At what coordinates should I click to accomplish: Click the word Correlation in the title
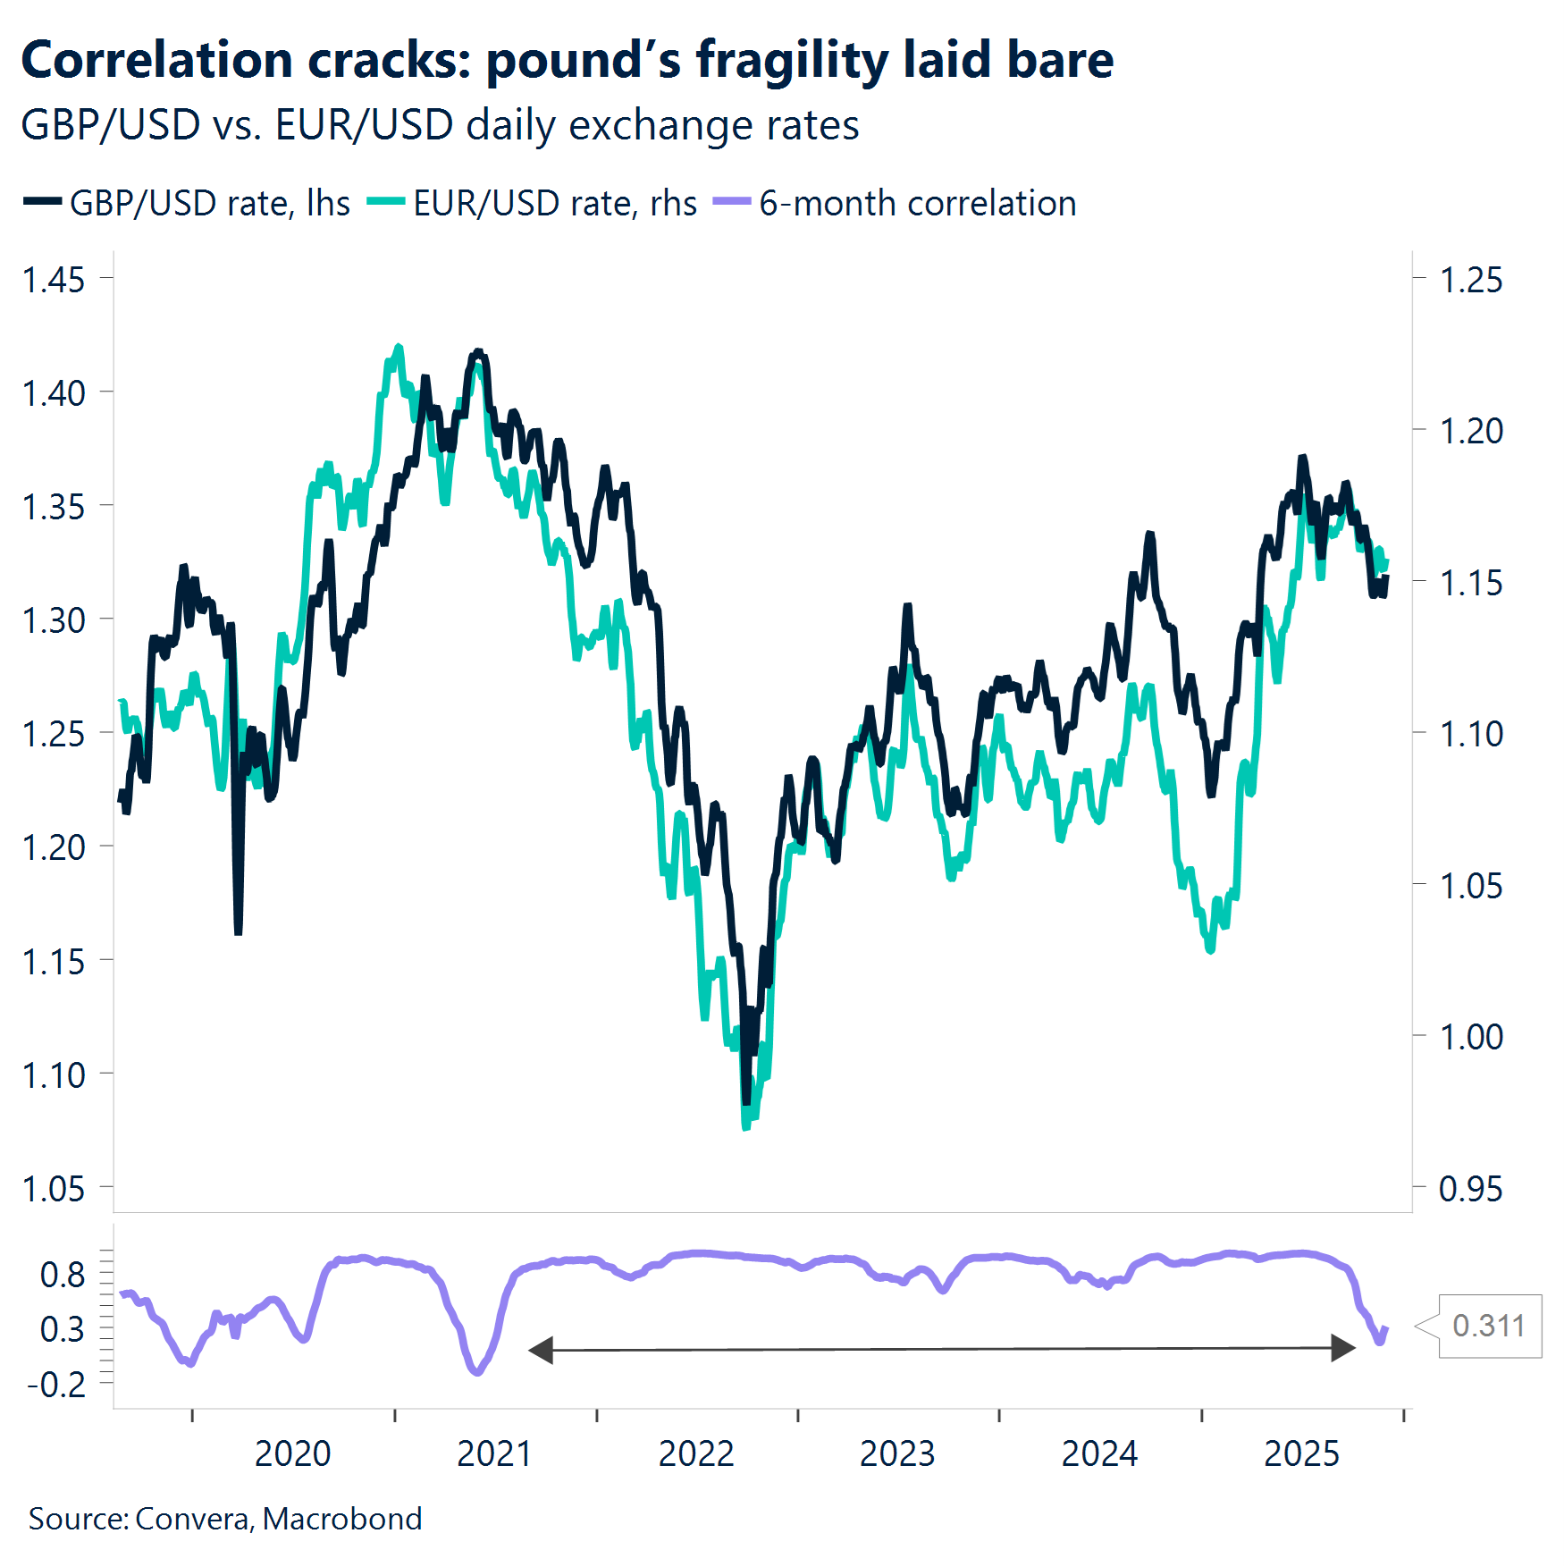(156, 61)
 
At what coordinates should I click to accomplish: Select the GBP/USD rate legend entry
(188, 203)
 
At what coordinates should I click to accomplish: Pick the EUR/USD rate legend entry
(533, 203)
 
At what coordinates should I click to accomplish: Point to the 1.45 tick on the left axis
(54, 280)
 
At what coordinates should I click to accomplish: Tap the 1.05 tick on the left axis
(54, 1189)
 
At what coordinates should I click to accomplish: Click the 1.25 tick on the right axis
(1471, 280)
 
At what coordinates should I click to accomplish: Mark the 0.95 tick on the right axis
(1471, 1189)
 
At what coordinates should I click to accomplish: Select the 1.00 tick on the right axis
(1471, 1037)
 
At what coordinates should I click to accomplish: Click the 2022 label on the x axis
(695, 1453)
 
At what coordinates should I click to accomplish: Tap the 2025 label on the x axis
(1301, 1453)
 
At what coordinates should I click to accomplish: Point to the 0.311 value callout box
(1489, 1326)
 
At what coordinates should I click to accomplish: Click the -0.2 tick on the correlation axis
(56, 1385)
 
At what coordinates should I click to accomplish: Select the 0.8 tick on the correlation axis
(63, 1274)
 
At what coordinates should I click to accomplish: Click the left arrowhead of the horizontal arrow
(540, 1350)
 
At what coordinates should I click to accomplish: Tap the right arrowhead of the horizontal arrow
(1343, 1348)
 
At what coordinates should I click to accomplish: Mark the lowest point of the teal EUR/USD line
(746, 1126)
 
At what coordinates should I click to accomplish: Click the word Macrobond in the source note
(342, 1519)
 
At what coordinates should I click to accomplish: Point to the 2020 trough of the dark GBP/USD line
(238, 932)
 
